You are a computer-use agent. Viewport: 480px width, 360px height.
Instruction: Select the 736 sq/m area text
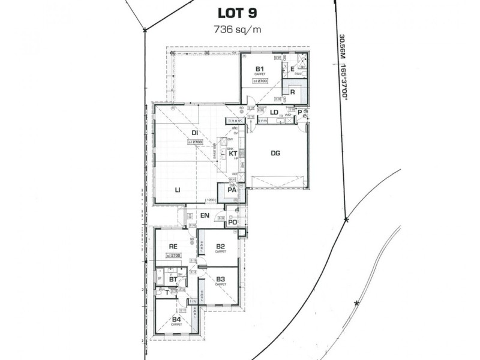point(239,28)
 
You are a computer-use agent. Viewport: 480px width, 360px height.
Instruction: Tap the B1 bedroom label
point(259,70)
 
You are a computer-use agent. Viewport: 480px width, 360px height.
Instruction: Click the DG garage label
point(275,154)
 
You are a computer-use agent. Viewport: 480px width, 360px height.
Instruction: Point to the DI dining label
point(195,133)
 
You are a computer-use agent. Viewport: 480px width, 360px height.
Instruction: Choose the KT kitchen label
point(234,154)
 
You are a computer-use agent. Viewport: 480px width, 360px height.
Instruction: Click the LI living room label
point(178,190)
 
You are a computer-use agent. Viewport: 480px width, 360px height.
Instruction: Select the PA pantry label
point(231,190)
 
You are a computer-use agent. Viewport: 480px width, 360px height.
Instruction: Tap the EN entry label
point(204,215)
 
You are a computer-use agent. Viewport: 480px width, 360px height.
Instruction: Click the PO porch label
point(232,223)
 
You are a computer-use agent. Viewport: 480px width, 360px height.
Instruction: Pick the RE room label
point(173,246)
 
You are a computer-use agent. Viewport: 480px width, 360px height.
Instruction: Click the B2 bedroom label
point(220,246)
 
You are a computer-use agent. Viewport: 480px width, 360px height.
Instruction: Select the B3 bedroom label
point(220,279)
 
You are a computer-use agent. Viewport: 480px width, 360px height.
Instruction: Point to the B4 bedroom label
point(176,319)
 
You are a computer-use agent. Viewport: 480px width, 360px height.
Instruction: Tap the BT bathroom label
point(172,280)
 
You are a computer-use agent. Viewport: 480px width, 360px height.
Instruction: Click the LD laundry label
point(274,112)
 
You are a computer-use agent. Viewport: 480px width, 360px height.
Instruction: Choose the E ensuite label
point(292,70)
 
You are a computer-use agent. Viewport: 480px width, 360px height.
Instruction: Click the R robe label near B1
point(292,92)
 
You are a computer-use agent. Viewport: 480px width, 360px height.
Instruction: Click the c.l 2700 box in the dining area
point(196,142)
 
